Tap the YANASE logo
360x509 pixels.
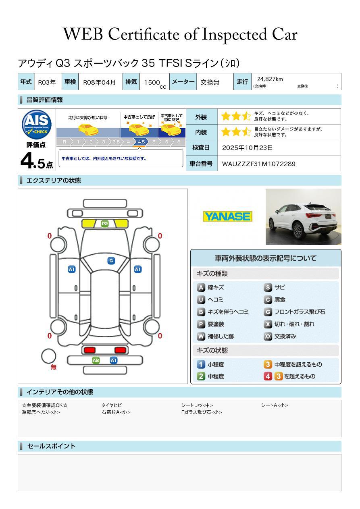[x=227, y=217]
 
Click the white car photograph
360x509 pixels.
[x=303, y=217]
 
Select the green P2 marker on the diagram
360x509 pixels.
[x=105, y=224]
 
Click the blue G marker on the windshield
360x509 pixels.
[x=111, y=261]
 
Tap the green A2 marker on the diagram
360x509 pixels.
[x=96, y=360]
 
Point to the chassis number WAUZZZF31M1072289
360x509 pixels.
[x=258, y=164]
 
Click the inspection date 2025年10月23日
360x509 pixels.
[x=248, y=148]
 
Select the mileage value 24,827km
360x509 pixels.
[x=270, y=79]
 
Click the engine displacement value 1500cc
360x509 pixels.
[x=154, y=82]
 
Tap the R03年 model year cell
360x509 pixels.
[x=47, y=82]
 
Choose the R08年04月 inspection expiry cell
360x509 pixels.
[x=99, y=82]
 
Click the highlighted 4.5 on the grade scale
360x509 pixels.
[x=141, y=142]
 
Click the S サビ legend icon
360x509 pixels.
[x=268, y=288]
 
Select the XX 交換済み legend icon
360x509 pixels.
[x=268, y=337]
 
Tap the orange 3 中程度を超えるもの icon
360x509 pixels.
[x=268, y=364]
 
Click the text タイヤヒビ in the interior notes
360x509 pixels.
[x=112, y=405]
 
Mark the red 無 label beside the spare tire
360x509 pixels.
[x=54, y=367]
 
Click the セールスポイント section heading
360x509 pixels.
[x=51, y=446]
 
